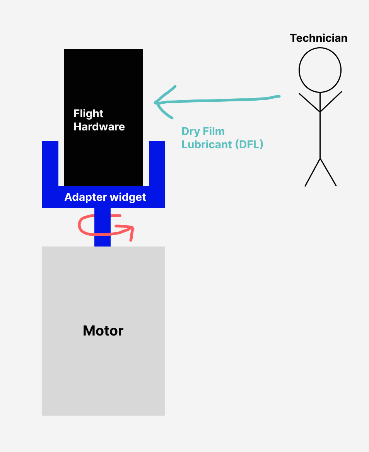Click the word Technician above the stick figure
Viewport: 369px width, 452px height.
(x=318, y=38)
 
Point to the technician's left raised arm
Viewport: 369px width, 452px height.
(x=309, y=102)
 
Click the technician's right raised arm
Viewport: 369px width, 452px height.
(x=331, y=101)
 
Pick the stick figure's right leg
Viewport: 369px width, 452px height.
(x=328, y=172)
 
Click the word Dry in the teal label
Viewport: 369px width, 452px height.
(x=190, y=132)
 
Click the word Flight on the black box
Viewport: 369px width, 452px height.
(x=88, y=114)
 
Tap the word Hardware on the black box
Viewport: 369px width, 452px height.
(x=99, y=127)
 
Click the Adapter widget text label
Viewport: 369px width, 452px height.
(x=105, y=197)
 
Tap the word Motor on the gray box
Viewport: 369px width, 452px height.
(x=103, y=331)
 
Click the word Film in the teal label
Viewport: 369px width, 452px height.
(x=214, y=132)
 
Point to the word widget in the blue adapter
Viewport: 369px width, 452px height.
(x=127, y=197)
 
